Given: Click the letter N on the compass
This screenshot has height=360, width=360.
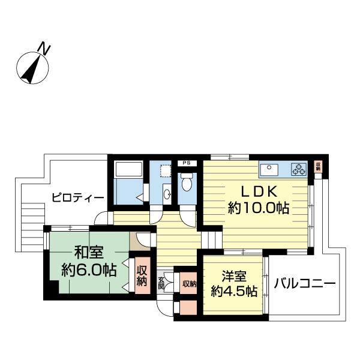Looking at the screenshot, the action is [44, 48].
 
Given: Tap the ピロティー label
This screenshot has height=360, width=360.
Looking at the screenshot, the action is [78, 197].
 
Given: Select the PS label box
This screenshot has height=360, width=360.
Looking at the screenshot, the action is [187, 163].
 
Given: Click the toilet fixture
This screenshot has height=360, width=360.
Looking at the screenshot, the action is [187, 182].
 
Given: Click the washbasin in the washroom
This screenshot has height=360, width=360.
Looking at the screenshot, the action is [167, 195].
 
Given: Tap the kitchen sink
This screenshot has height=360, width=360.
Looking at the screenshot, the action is [269, 169].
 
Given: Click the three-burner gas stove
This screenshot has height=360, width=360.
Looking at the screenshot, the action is [299, 169].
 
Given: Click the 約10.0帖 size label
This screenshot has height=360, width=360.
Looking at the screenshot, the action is [258, 208].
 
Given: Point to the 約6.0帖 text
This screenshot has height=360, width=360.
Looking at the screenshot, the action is [89, 270].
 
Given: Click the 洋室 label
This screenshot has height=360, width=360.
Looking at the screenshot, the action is [234, 276].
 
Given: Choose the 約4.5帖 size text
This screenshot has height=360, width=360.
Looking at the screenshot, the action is [234, 292].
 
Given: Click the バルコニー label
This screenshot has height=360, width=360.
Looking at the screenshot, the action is [305, 283].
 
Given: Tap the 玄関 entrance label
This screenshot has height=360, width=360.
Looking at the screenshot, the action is [161, 284].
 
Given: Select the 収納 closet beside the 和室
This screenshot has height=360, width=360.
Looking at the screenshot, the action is [142, 275].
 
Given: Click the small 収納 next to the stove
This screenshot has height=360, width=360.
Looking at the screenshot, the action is [318, 166].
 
